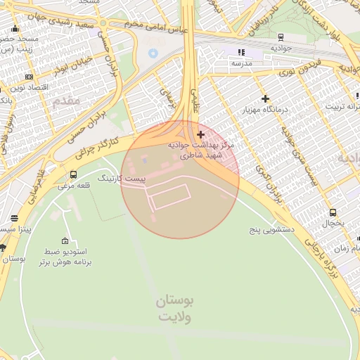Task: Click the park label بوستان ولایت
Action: click(174, 308)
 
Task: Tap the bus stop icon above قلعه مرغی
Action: click(74, 175)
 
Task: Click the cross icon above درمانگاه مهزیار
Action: click(265, 99)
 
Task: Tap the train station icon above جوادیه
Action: click(281, 37)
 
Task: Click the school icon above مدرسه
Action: click(242, 52)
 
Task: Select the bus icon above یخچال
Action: click(333, 212)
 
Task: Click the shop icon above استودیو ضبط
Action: click(65, 240)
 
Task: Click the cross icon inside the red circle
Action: click(201, 134)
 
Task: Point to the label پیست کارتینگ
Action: click(122, 179)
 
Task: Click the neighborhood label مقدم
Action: click(66, 101)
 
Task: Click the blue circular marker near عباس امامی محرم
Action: click(153, 53)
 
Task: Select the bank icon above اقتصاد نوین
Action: click(29, 77)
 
